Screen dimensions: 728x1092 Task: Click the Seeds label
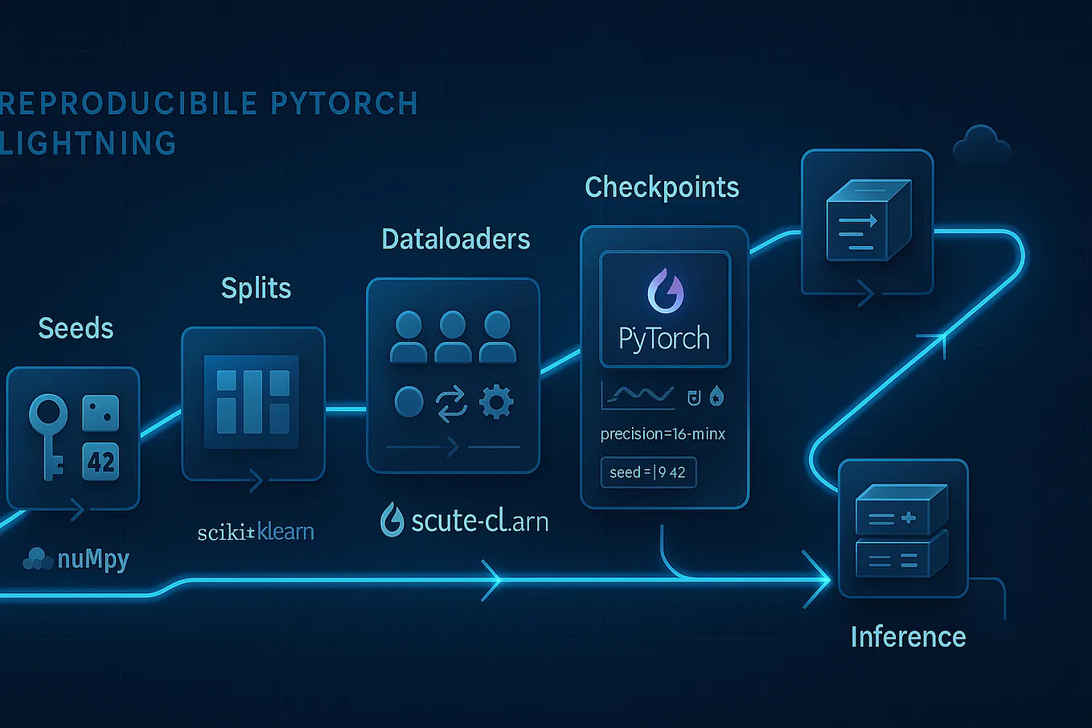click(76, 328)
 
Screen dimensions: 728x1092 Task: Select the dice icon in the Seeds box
click(101, 413)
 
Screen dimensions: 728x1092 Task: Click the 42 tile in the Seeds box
click(101, 462)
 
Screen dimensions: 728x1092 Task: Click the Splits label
click(256, 288)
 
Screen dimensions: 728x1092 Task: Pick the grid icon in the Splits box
click(252, 401)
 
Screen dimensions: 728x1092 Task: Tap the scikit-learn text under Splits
click(256, 532)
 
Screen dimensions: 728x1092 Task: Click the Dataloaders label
click(455, 239)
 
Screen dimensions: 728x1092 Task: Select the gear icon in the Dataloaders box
click(496, 401)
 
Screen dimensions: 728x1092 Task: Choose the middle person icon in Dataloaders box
click(453, 336)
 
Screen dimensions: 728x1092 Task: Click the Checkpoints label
click(662, 187)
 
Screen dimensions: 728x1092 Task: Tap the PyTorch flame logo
click(665, 291)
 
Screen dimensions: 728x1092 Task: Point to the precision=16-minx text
click(663, 434)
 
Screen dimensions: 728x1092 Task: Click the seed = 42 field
click(648, 472)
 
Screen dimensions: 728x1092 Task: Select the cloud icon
click(981, 146)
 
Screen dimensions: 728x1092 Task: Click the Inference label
click(908, 637)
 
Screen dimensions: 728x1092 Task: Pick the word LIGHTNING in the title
click(88, 144)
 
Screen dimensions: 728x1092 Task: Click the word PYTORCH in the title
click(344, 104)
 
